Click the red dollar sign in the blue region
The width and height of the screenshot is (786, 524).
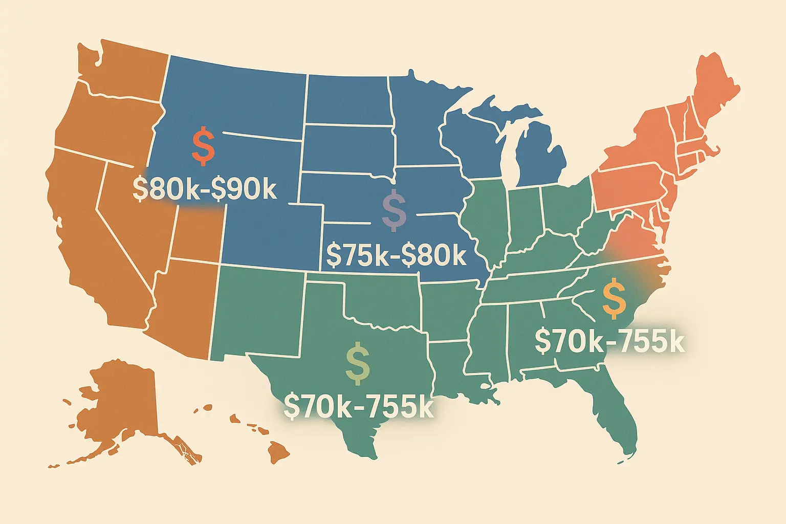click(203, 146)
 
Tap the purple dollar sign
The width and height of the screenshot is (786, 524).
click(394, 210)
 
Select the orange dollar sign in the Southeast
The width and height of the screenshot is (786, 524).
click(614, 299)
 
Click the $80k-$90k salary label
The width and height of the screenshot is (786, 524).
click(205, 189)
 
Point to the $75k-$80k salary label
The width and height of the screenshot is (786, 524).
click(396, 255)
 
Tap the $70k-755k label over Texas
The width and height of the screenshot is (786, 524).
click(358, 406)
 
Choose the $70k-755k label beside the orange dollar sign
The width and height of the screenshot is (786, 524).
click(609, 342)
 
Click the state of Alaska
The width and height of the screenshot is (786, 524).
click(123, 404)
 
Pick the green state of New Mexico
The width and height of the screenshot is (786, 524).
click(258, 312)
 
